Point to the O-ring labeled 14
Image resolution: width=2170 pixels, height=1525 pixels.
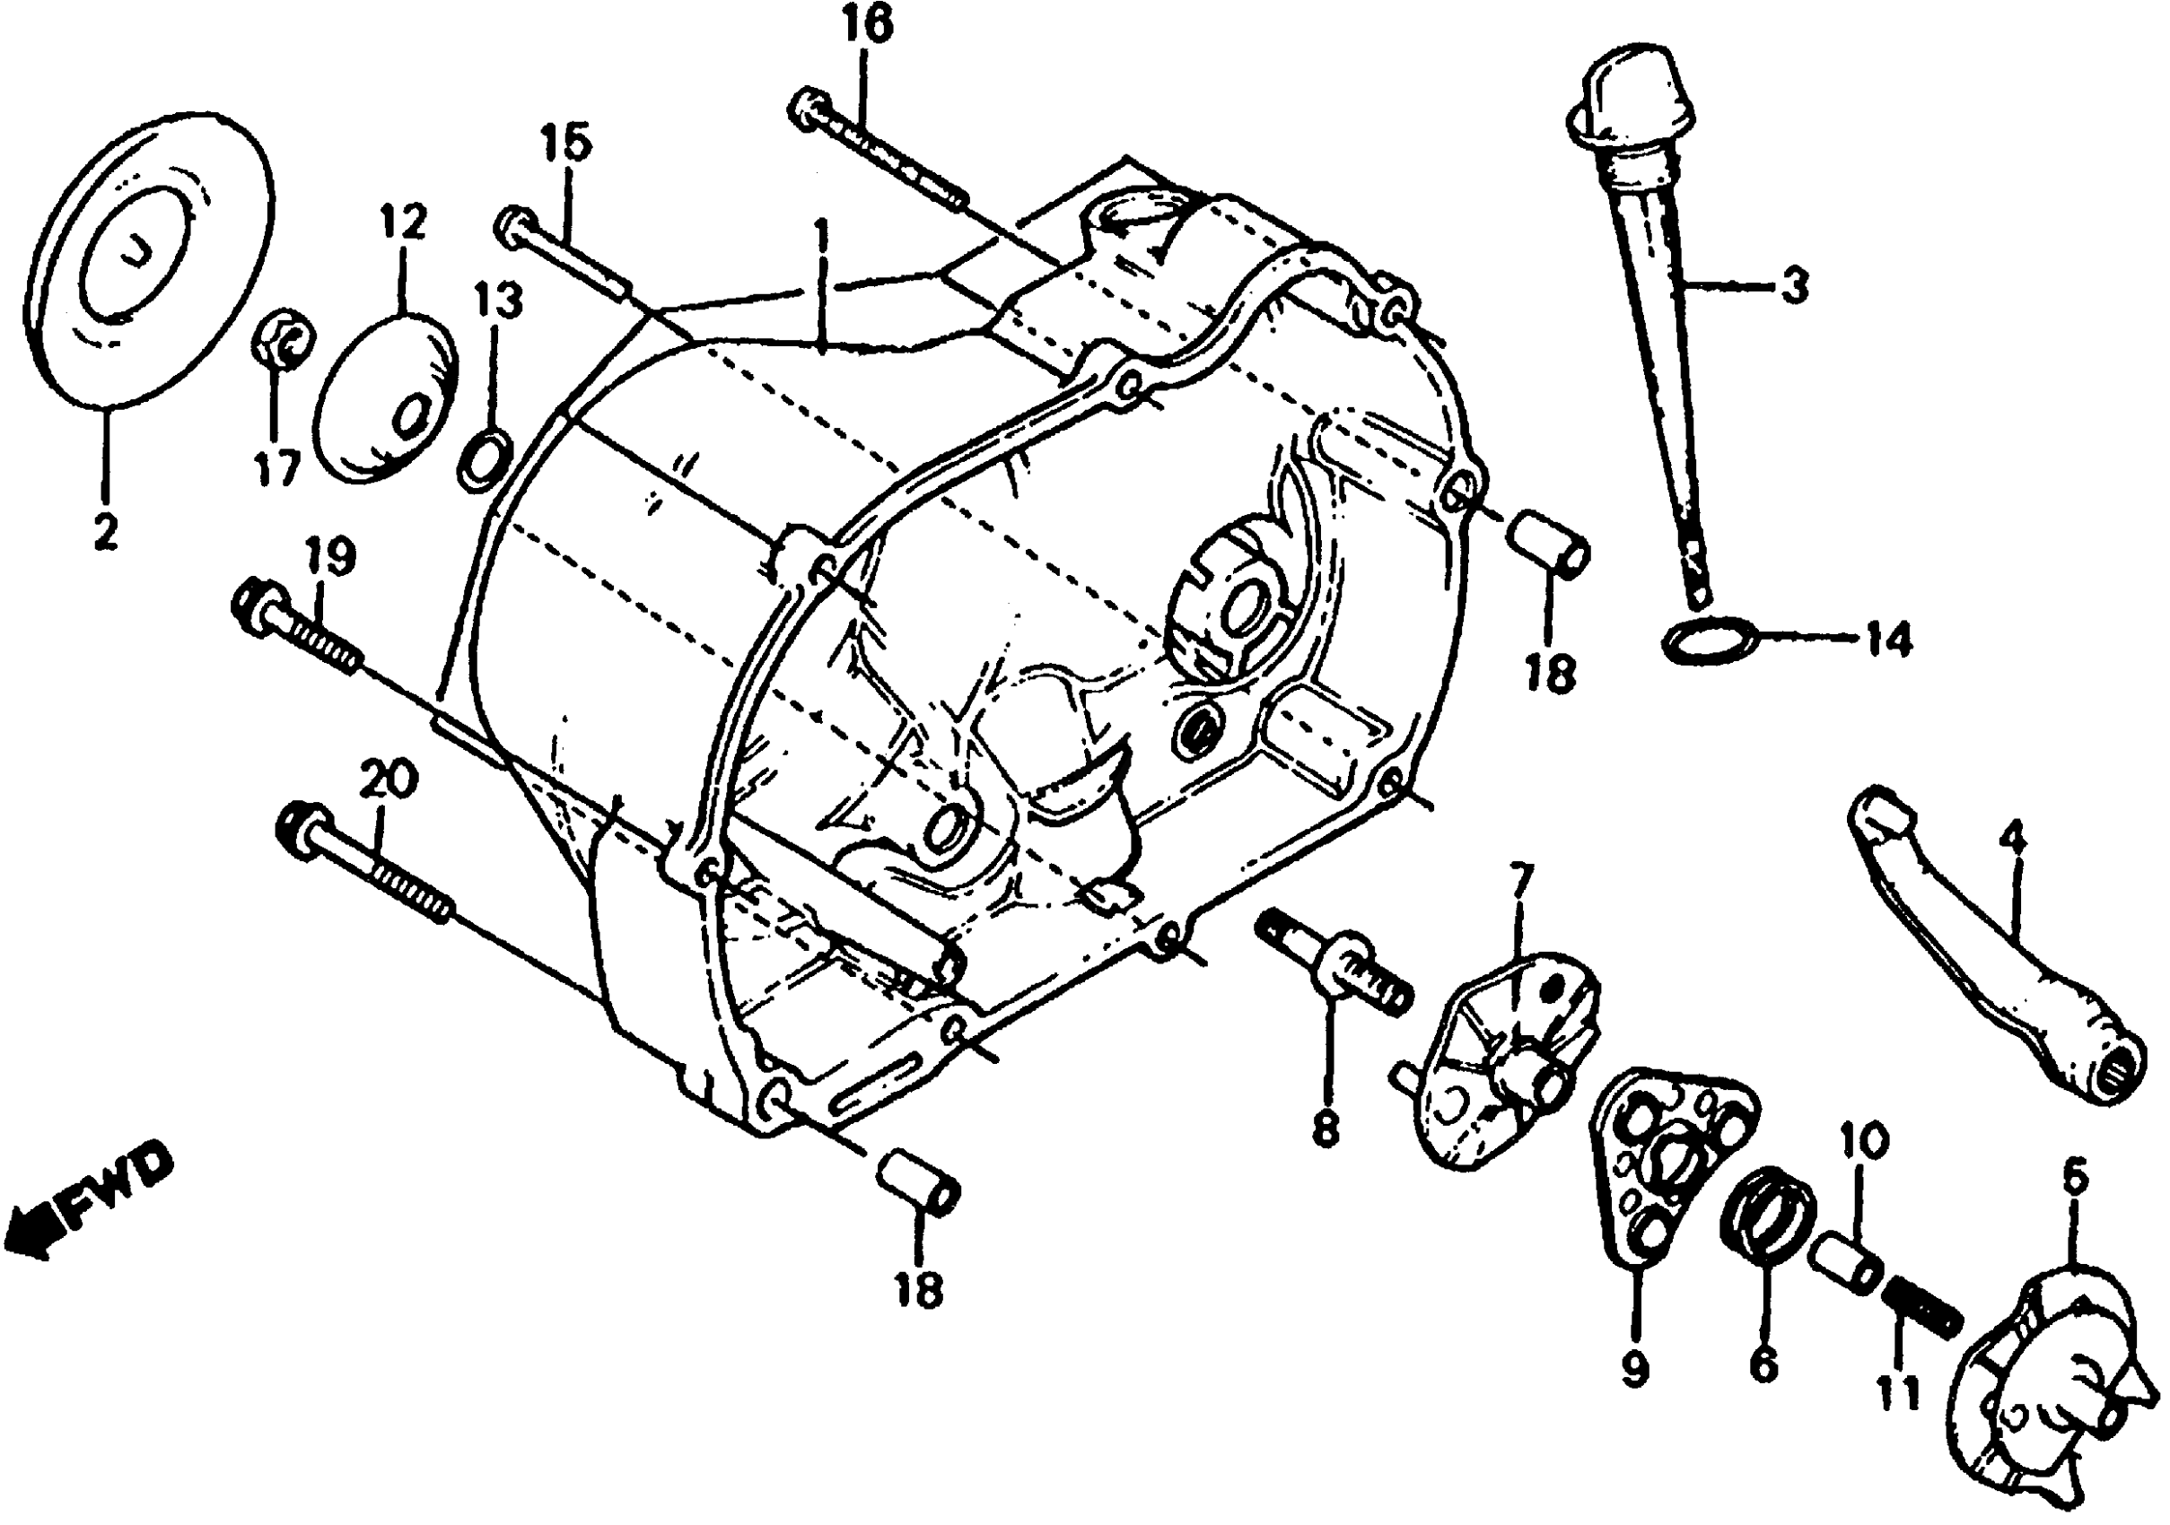[x=1711, y=640]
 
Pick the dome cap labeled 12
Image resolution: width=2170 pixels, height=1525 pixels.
[x=385, y=400]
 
